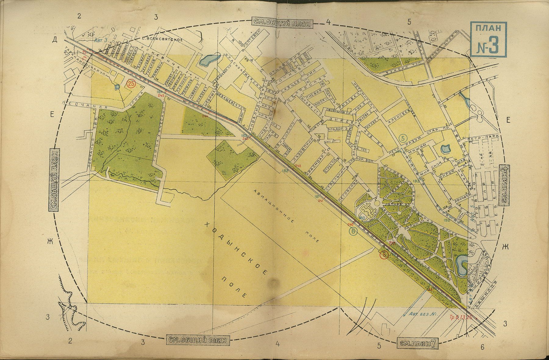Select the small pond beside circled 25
[117, 87]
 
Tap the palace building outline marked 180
[366, 211]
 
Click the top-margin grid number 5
[409, 22]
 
